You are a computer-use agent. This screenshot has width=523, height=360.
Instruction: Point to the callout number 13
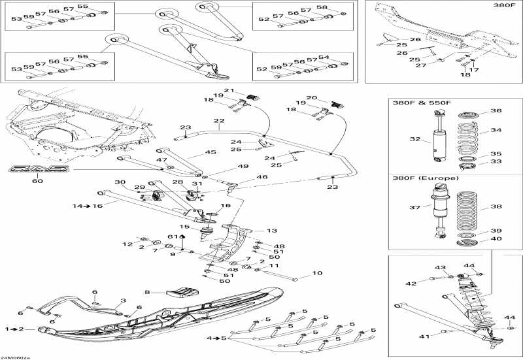click(272, 230)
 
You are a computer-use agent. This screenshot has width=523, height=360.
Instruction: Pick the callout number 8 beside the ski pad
click(148, 292)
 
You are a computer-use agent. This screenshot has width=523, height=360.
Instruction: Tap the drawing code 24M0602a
click(16, 356)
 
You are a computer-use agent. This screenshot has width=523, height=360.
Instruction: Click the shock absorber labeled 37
click(439, 208)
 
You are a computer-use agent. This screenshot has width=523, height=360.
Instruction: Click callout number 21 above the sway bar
click(229, 91)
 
